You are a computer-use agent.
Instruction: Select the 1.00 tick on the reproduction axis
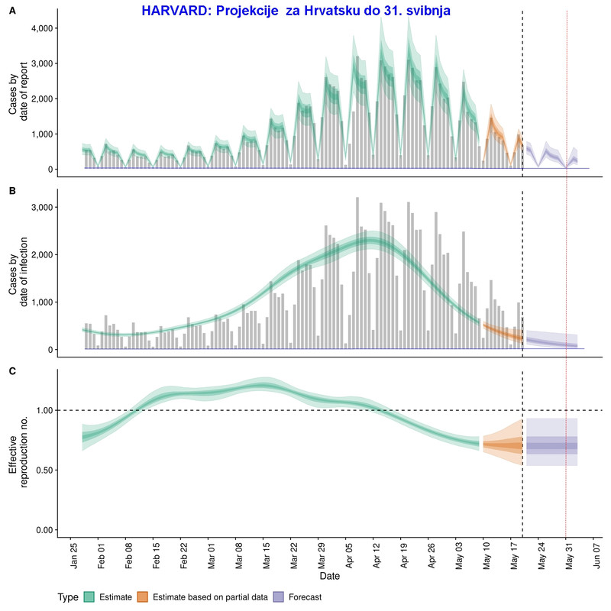click(42, 411)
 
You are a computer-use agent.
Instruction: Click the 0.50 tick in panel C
click(42, 470)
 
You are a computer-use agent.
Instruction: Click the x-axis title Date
click(330, 575)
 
